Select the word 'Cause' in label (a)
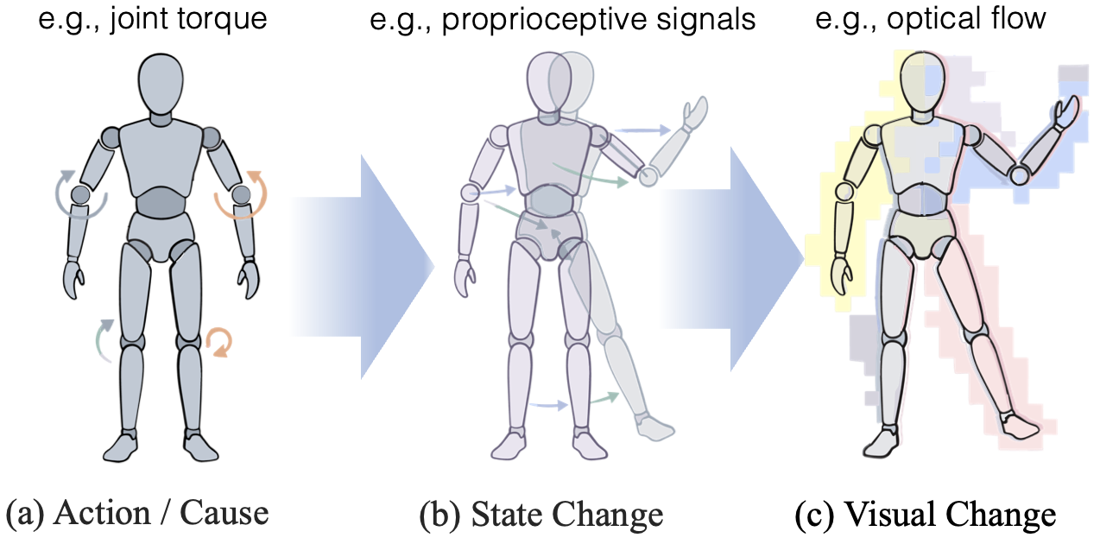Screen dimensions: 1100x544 [224, 514]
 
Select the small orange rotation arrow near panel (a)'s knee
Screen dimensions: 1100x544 [218, 342]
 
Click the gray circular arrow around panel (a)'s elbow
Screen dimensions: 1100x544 [79, 195]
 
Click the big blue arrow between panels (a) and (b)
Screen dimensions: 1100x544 [363, 267]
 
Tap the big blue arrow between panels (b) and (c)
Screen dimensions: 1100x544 [731, 259]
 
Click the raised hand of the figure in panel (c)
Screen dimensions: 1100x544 [1066, 111]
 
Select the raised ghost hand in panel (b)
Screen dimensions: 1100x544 [695, 113]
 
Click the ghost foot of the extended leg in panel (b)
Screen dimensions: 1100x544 [655, 427]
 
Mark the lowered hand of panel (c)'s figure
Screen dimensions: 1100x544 [842, 276]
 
